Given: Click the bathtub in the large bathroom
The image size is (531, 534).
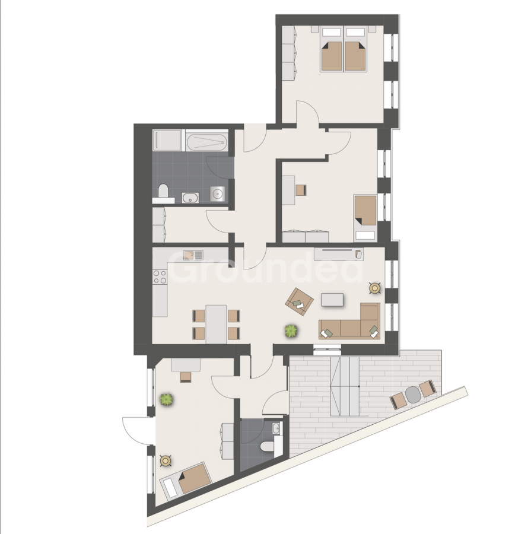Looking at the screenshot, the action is coord(206,142).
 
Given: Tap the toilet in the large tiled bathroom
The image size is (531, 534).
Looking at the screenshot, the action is coord(163,192).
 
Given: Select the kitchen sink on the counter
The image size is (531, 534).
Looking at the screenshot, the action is coord(193,255).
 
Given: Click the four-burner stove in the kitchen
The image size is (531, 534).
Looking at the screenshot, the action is coord(160,276).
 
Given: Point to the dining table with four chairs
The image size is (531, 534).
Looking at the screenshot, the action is coord(216,324).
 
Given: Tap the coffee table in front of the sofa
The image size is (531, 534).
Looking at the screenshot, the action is coord(332,300).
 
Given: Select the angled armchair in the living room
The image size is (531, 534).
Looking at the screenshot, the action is coord(300,301).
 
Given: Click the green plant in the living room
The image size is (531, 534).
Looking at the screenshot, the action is coord(291,330).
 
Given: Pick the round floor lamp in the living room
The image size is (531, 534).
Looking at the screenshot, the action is coord(374,288).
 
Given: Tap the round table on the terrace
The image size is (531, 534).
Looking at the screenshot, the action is coord(413,395).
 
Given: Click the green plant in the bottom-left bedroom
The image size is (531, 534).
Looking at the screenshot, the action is coord(167,399).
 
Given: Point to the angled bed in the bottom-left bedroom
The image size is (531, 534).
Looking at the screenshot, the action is coord(186,481).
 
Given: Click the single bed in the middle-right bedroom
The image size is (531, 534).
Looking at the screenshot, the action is coord(365,218).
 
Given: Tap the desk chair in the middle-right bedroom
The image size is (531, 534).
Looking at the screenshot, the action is coord(301,190).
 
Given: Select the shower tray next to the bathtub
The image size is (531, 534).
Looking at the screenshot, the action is coord(167,140).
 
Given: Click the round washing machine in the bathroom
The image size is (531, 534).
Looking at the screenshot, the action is coord(217,194).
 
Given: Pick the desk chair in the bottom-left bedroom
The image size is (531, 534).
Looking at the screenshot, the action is coord(186,377).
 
